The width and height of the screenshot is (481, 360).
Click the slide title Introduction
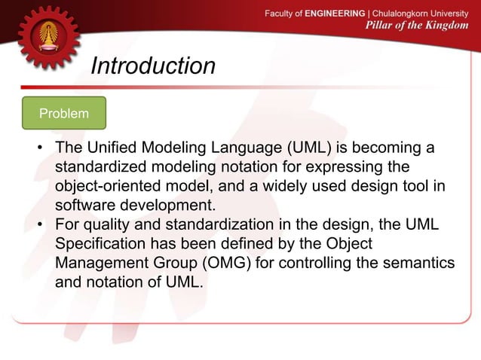[153, 66]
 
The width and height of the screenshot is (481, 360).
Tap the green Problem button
[64, 114]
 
